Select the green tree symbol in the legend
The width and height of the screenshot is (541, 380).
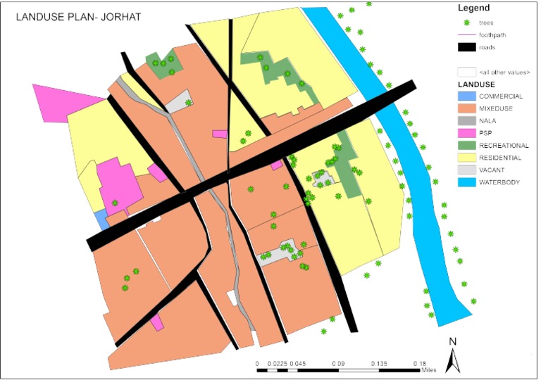click(466, 23)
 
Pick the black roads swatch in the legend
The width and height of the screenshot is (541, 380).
click(466, 47)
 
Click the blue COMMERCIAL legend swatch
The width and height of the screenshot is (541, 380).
click(466, 96)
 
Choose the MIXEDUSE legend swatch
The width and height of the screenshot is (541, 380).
click(466, 108)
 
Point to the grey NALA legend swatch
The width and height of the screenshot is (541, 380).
click(466, 120)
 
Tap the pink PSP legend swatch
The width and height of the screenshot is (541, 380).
click(466, 133)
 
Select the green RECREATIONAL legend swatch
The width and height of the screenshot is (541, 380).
click(466, 145)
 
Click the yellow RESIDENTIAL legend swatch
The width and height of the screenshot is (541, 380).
click(466, 158)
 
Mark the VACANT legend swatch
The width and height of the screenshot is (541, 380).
click(466, 170)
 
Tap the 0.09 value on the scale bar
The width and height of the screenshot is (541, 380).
click(337, 364)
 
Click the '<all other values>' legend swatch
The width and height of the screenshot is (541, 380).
click(466, 72)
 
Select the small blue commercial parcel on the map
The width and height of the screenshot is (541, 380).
click(102, 220)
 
